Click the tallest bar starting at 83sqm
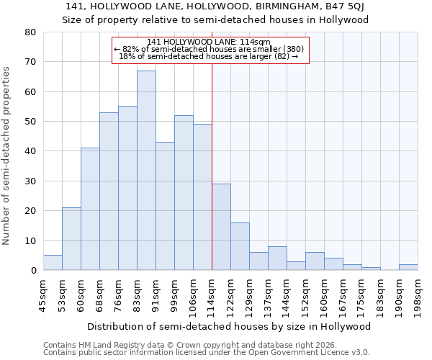coord(146,171)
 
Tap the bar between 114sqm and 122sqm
coord(221,227)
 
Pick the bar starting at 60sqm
coord(90,209)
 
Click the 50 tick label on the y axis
coord(30,122)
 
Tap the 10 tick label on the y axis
coord(30,240)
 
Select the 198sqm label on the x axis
coord(418,296)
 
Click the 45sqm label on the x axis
coord(44,296)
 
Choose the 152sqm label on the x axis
coord(306,296)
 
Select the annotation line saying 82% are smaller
coord(209,49)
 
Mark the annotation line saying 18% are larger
coord(209,56)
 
